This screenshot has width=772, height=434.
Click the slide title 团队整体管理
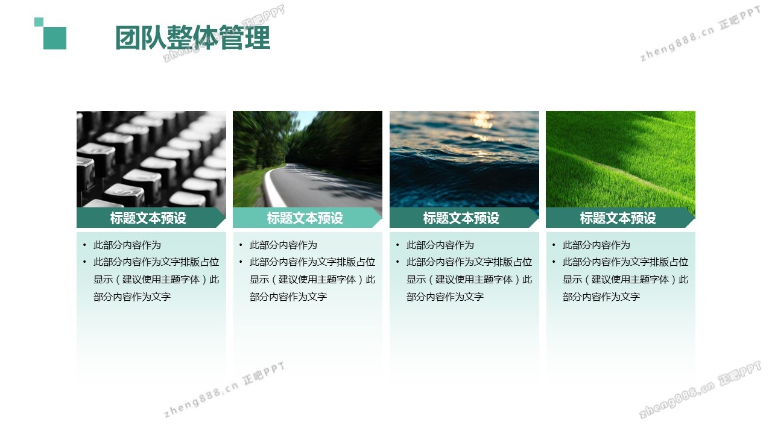(192, 37)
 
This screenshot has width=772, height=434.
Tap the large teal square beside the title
(55, 38)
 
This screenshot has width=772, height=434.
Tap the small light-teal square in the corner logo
(39, 22)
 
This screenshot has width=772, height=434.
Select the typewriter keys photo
(151, 159)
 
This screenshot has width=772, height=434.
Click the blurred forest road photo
(308, 159)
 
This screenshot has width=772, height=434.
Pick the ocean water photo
(464, 159)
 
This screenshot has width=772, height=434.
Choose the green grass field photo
(621, 159)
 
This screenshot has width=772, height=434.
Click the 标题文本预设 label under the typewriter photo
(148, 218)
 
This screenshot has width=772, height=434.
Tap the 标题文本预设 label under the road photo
(305, 218)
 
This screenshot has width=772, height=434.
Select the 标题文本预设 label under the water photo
(461, 218)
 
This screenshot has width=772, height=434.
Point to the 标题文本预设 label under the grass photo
(618, 218)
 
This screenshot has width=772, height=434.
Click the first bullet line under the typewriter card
(127, 245)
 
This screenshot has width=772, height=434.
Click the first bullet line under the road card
(283, 245)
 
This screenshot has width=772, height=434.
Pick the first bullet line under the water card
(440, 245)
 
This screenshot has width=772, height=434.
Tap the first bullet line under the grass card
(596, 245)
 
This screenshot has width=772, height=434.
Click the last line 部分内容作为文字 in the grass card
(601, 297)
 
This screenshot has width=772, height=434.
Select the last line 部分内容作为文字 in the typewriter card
(132, 297)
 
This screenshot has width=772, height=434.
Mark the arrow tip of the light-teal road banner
(382, 218)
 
